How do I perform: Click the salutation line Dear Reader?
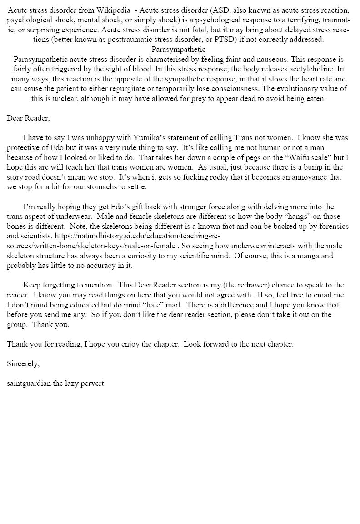[x=28, y=118]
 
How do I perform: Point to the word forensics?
[x=332, y=226]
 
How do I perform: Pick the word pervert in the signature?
[x=91, y=383]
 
